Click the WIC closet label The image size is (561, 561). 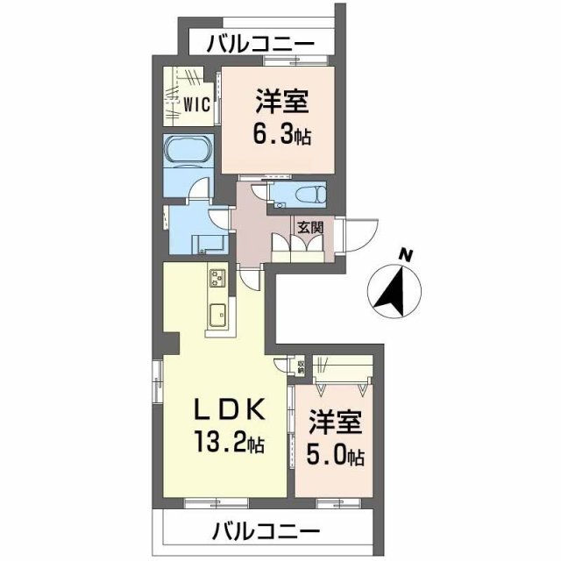pos(195,104)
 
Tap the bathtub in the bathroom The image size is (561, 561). pos(187,153)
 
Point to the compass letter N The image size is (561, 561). pos(405,255)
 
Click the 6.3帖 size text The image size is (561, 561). pos(280,136)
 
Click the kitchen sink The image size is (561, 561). pos(217,313)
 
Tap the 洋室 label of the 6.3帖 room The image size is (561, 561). pos(280,103)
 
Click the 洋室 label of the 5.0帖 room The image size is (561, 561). pos(334,423)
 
